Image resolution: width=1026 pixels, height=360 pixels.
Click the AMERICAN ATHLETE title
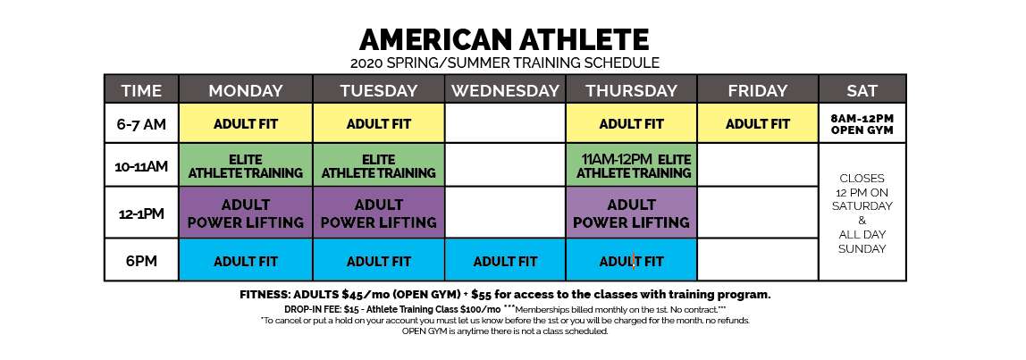click(504, 40)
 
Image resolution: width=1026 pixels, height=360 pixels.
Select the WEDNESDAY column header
click(505, 89)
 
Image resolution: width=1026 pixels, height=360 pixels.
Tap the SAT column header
click(862, 89)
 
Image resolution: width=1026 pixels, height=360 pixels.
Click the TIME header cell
click(141, 89)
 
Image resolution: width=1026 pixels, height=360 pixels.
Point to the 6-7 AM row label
click(141, 123)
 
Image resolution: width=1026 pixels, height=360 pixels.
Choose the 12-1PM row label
click(141, 213)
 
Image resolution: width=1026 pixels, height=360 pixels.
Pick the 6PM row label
click(141, 261)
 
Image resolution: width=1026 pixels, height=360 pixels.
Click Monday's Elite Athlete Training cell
click(246, 165)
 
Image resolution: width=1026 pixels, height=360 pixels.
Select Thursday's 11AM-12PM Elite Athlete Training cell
click(632, 165)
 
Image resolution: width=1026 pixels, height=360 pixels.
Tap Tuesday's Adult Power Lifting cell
click(379, 213)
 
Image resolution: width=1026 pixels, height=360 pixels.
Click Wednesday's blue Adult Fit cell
click(505, 261)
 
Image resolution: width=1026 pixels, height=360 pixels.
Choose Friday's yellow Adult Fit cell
click(758, 123)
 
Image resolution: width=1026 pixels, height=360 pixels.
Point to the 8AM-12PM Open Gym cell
click(862, 123)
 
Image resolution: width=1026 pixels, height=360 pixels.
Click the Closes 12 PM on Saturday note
click(862, 213)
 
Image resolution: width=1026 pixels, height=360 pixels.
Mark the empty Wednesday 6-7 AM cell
click(505, 123)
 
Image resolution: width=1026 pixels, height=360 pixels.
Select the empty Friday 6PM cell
click(758, 261)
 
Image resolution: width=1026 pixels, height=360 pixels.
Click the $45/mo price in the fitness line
click(366, 295)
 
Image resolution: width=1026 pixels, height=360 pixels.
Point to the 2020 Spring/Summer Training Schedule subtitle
click(504, 63)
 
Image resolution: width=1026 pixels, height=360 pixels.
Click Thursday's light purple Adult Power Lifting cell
click(632, 213)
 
